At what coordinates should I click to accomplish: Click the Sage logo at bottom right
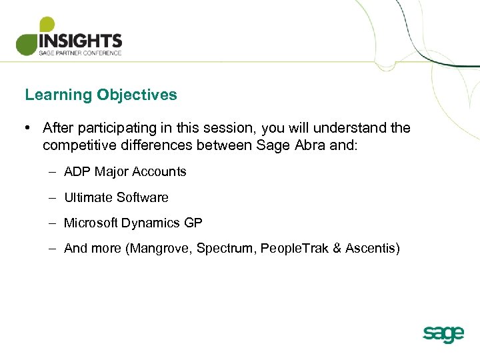[443, 333]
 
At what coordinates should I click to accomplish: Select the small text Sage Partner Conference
[80, 53]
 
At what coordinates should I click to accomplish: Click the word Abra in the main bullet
[307, 145]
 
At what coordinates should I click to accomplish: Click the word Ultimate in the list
[88, 197]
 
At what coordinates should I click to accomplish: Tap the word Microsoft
[91, 223]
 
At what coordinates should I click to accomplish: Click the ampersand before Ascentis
[337, 249]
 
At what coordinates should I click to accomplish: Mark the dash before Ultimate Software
[51, 197]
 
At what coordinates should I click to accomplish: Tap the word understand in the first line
[358, 127]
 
